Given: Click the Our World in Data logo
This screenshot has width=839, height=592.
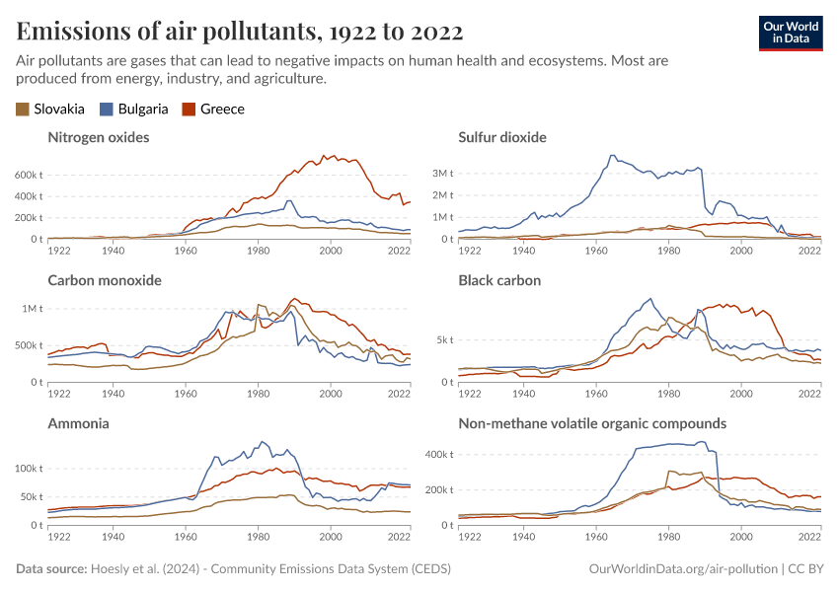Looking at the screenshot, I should [x=791, y=33].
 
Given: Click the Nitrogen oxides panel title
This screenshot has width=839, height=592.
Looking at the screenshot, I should [x=99, y=137].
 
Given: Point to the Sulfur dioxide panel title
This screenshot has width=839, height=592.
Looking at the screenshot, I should [x=501, y=137].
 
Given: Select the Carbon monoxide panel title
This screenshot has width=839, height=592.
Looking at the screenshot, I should [x=105, y=280].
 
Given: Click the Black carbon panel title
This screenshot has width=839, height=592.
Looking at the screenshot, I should [x=499, y=280].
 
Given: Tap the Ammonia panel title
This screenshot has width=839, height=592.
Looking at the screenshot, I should [x=78, y=423].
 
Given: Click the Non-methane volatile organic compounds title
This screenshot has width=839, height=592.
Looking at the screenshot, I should [x=592, y=423].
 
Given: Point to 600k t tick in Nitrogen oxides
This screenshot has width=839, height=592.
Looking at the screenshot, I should [x=28, y=175].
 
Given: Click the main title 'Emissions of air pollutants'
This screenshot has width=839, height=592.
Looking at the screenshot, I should [x=240, y=31].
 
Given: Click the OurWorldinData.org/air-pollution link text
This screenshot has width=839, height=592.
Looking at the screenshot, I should [x=681, y=569].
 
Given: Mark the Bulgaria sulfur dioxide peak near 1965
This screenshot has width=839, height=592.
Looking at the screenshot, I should [x=613, y=155].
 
